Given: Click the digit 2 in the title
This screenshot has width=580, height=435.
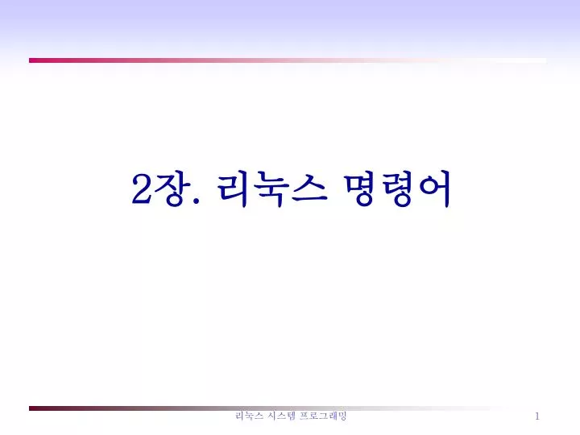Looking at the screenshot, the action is point(142,188).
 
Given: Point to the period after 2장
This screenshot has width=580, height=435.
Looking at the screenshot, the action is point(196,200).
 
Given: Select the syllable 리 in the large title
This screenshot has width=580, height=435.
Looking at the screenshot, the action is point(232,188).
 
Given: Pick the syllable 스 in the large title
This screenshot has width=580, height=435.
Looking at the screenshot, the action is point(309,188).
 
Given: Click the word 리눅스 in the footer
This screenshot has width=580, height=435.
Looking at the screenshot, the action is point(249,416).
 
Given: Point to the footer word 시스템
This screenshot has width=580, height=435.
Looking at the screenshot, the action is point(281,416).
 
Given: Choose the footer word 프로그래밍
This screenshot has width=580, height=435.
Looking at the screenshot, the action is point(323,416).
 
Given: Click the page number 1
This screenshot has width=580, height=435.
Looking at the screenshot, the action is point(537,416).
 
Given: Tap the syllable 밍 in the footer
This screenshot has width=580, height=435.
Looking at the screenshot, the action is point(342,416).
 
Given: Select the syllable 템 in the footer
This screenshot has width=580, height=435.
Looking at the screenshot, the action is point(291,416).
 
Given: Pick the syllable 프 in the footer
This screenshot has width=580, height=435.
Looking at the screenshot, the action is point(304,416).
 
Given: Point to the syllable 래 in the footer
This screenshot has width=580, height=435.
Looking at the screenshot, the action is point(333,416).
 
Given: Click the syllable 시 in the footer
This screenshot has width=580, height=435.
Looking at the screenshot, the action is point(272,416).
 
